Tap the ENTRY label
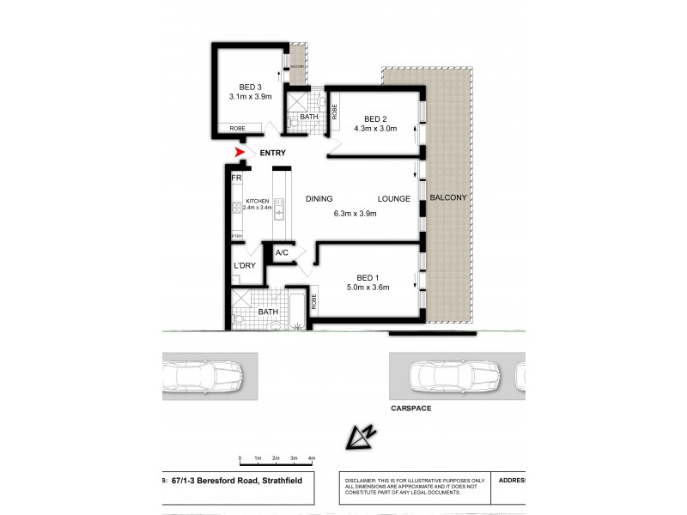click(x=273, y=153)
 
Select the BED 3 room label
click(x=250, y=87)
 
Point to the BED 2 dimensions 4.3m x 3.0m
click(x=375, y=130)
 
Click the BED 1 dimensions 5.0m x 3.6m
click(x=368, y=287)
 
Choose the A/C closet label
click(x=282, y=253)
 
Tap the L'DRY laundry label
click(x=245, y=266)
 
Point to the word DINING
click(x=319, y=199)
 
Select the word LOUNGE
click(x=394, y=199)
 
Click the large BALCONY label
click(x=448, y=197)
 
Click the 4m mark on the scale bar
click(x=312, y=459)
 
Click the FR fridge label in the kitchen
click(x=236, y=178)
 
